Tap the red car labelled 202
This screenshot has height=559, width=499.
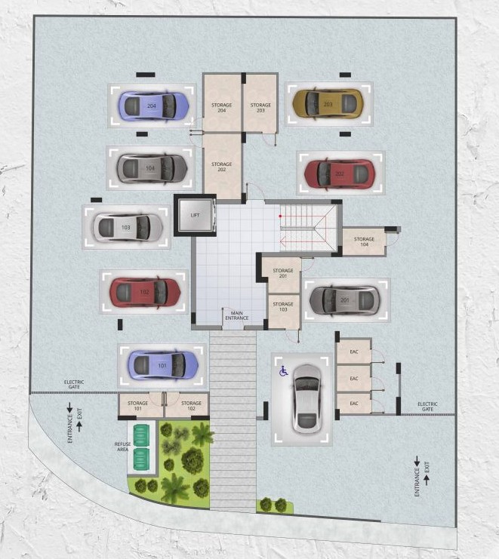(339, 174)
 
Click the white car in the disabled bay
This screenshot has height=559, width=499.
(307, 397)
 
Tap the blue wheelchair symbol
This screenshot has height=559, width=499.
(284, 370)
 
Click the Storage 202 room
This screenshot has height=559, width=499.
(222, 167)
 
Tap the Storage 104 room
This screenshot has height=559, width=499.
(364, 241)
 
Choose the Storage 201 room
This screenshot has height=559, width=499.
(282, 272)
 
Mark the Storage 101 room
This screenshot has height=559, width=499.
(138, 405)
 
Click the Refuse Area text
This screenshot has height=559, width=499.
(123, 446)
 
